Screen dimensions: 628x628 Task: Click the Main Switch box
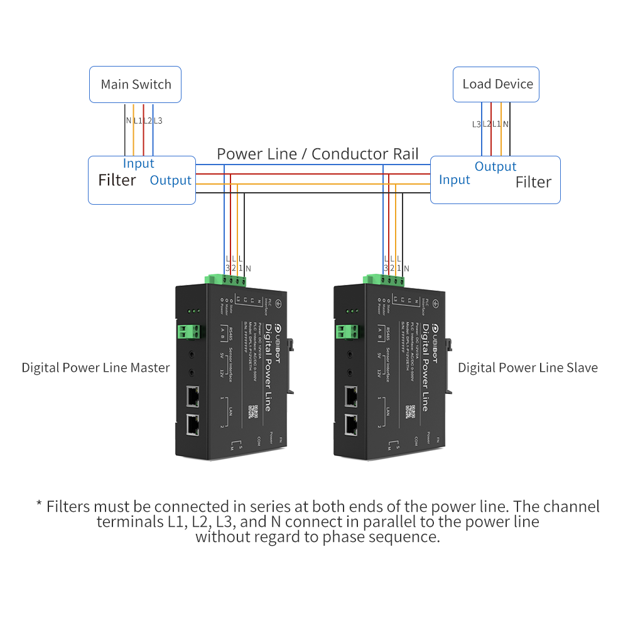click(136, 85)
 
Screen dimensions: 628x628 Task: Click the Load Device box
click(497, 84)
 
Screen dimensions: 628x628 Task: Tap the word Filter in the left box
click(117, 181)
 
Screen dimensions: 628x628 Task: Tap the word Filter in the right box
click(533, 182)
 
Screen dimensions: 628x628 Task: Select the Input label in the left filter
click(138, 163)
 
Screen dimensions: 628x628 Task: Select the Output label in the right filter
click(495, 166)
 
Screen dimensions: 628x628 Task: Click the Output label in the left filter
click(170, 180)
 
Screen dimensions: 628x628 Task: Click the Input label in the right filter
click(454, 180)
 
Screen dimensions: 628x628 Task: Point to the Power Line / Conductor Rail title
click(318, 154)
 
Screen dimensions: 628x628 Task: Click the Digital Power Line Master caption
click(95, 368)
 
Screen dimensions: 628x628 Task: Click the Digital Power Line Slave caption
click(528, 368)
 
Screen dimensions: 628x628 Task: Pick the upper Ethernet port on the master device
click(192, 397)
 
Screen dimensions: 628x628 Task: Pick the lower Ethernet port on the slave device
click(350, 426)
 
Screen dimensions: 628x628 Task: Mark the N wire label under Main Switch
click(128, 121)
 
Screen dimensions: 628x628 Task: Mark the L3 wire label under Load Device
click(477, 124)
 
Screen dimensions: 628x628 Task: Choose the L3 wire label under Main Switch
click(158, 121)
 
